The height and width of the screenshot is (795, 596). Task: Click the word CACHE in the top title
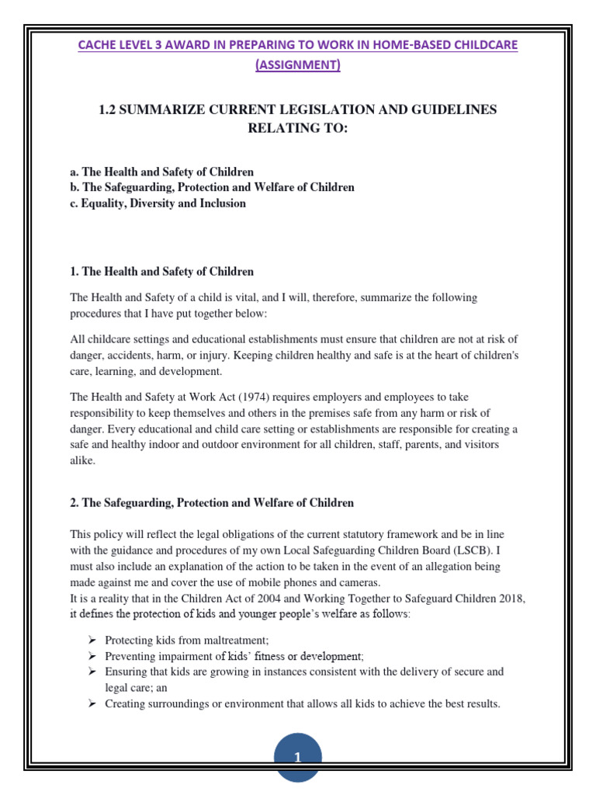pos(98,45)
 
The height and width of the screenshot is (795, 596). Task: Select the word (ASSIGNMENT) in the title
pos(298,66)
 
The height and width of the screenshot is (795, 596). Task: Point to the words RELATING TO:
pos(298,128)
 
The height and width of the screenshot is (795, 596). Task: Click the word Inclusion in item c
pos(220,203)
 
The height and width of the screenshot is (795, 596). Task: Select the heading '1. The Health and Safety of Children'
pos(161,272)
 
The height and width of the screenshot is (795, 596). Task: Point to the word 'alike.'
pos(83,460)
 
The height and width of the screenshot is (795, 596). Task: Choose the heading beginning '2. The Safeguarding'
pos(212,502)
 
